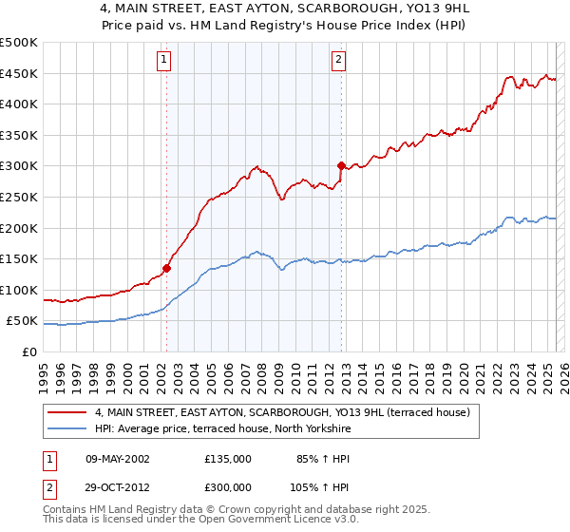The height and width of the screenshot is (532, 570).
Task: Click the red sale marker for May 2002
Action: click(x=166, y=268)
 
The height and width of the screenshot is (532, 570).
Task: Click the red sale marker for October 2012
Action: click(x=341, y=165)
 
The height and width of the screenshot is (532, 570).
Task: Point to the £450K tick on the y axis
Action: click(x=19, y=73)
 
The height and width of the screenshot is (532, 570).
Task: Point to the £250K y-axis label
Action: click(x=19, y=197)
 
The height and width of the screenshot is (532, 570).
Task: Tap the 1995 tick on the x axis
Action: click(x=44, y=370)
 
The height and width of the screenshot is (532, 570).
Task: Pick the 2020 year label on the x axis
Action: click(x=463, y=370)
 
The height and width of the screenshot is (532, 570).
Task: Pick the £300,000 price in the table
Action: click(x=228, y=486)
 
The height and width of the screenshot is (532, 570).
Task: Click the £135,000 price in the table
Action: click(x=228, y=458)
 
